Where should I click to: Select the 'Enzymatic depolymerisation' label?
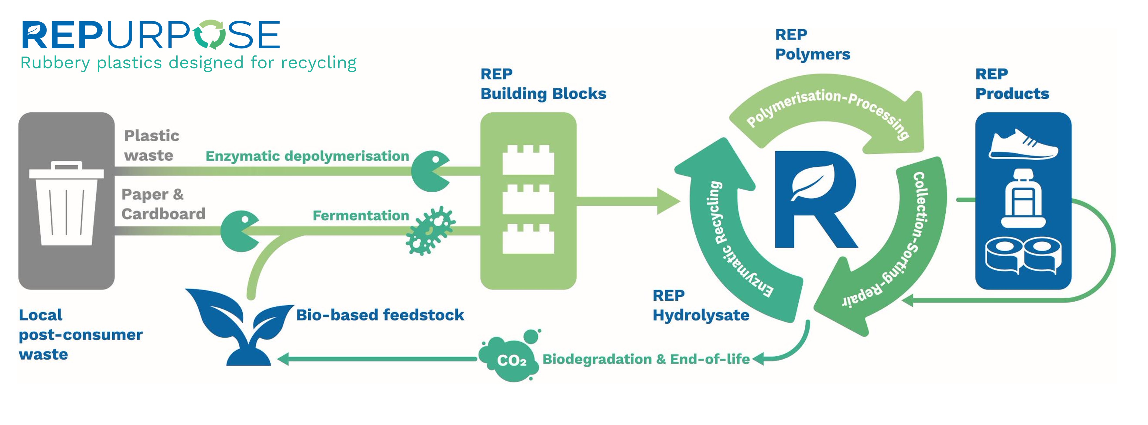pos(307,156)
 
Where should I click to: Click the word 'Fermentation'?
pos(361,216)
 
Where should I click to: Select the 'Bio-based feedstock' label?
pos(380,315)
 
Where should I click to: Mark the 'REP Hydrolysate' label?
pos(701,306)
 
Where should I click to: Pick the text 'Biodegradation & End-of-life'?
pos(646,359)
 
